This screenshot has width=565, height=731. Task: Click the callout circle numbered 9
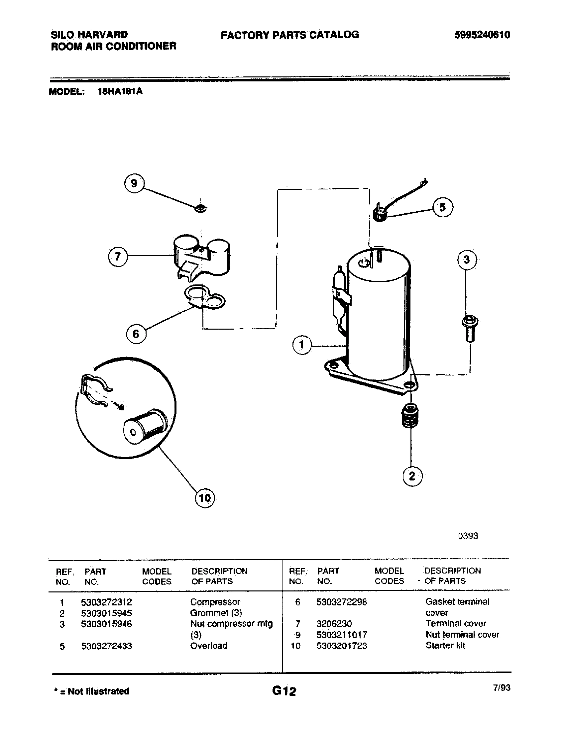(x=134, y=183)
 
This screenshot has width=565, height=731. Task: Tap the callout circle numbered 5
(x=443, y=208)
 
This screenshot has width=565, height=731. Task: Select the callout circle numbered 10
(x=204, y=498)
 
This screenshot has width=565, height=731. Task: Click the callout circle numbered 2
(x=412, y=476)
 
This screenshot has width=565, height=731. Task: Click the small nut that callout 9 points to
(x=200, y=208)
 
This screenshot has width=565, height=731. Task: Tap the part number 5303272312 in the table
(x=106, y=602)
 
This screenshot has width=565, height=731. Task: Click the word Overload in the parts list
(x=209, y=646)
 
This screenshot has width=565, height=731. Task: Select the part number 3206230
(x=334, y=624)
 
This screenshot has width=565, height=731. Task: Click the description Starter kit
(x=445, y=646)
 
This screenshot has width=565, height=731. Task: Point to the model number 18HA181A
(x=120, y=91)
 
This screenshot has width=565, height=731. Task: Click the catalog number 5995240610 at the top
(x=482, y=35)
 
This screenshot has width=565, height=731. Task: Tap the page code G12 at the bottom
(x=284, y=691)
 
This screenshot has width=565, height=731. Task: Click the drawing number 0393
(x=468, y=536)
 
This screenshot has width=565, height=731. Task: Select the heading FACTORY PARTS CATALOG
(x=289, y=35)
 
